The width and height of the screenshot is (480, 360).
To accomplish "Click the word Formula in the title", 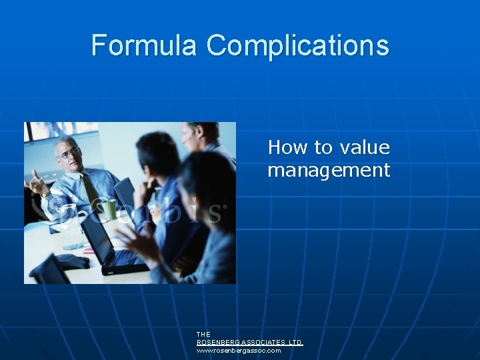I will pyautogui.click(x=145, y=45).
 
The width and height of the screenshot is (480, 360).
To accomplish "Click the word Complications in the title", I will pyautogui.click(x=297, y=45).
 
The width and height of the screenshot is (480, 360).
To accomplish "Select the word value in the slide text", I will pyautogui.click(x=364, y=147).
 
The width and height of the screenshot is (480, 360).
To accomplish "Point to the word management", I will pyautogui.click(x=328, y=170).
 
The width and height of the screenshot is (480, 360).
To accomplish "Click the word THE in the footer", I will pyautogui.click(x=203, y=334).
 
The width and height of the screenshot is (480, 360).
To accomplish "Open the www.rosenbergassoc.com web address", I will pyautogui.click(x=238, y=350).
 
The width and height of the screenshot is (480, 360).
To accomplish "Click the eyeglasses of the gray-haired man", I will pyautogui.click(x=69, y=152).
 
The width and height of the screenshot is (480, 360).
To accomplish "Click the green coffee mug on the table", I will pyautogui.click(x=109, y=210).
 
